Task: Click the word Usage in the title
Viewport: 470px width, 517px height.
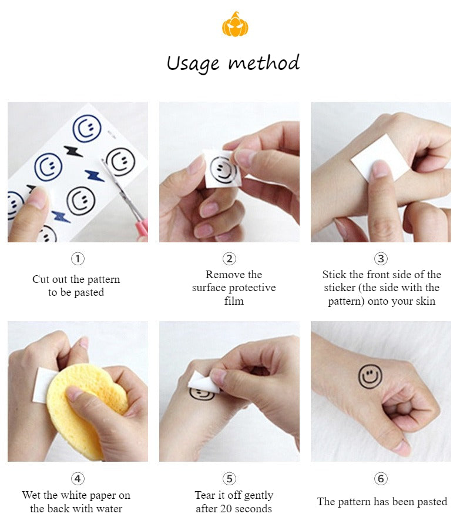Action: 193,64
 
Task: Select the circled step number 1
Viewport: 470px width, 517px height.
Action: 78,259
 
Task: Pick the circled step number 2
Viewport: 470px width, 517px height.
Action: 229,259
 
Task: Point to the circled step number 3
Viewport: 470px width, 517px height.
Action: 381,259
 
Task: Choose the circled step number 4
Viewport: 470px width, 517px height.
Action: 78,478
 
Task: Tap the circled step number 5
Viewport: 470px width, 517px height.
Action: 229,478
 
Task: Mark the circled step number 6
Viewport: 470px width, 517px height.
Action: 381,478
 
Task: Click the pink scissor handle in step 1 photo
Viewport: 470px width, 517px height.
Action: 143,228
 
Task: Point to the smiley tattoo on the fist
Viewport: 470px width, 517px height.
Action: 370,376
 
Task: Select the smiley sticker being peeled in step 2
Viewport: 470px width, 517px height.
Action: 223,169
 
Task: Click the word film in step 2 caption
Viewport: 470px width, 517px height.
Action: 234,301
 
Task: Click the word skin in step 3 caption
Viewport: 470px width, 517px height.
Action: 427,301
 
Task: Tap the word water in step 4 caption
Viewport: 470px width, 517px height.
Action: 109,508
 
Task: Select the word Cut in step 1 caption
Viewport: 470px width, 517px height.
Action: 41,279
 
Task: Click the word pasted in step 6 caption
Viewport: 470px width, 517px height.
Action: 432,502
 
